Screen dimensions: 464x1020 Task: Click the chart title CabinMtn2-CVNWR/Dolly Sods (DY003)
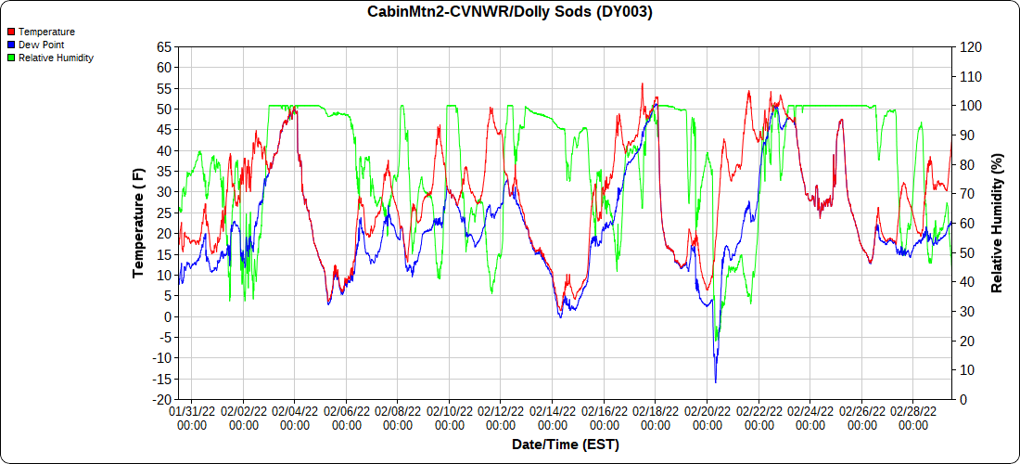[x=510, y=12]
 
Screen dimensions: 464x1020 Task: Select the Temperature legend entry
[x=46, y=32]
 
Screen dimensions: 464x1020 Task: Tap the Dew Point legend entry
[x=41, y=45]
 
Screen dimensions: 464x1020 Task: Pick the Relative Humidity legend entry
[x=56, y=58]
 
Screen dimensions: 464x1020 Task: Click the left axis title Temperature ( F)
[x=138, y=223]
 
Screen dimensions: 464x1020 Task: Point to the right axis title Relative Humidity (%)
[x=998, y=223]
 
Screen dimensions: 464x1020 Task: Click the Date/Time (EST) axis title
[x=565, y=445]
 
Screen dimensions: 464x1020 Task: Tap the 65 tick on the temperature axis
[x=164, y=46]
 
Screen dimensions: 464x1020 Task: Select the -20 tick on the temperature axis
[x=162, y=400]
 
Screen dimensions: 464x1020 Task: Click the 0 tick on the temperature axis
[x=168, y=317]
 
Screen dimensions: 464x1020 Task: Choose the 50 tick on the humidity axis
[x=967, y=252]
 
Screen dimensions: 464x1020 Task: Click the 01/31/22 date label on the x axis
[x=192, y=410]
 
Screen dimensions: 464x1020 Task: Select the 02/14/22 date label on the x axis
[x=553, y=410]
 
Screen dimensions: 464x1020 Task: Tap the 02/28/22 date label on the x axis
[x=913, y=410]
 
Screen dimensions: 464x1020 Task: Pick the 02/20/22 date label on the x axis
[x=708, y=410]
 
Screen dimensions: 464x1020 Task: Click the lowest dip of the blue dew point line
[x=715, y=381]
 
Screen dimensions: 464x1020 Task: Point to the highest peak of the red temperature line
[x=642, y=84]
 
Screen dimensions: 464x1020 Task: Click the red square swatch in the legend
[x=11, y=32]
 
